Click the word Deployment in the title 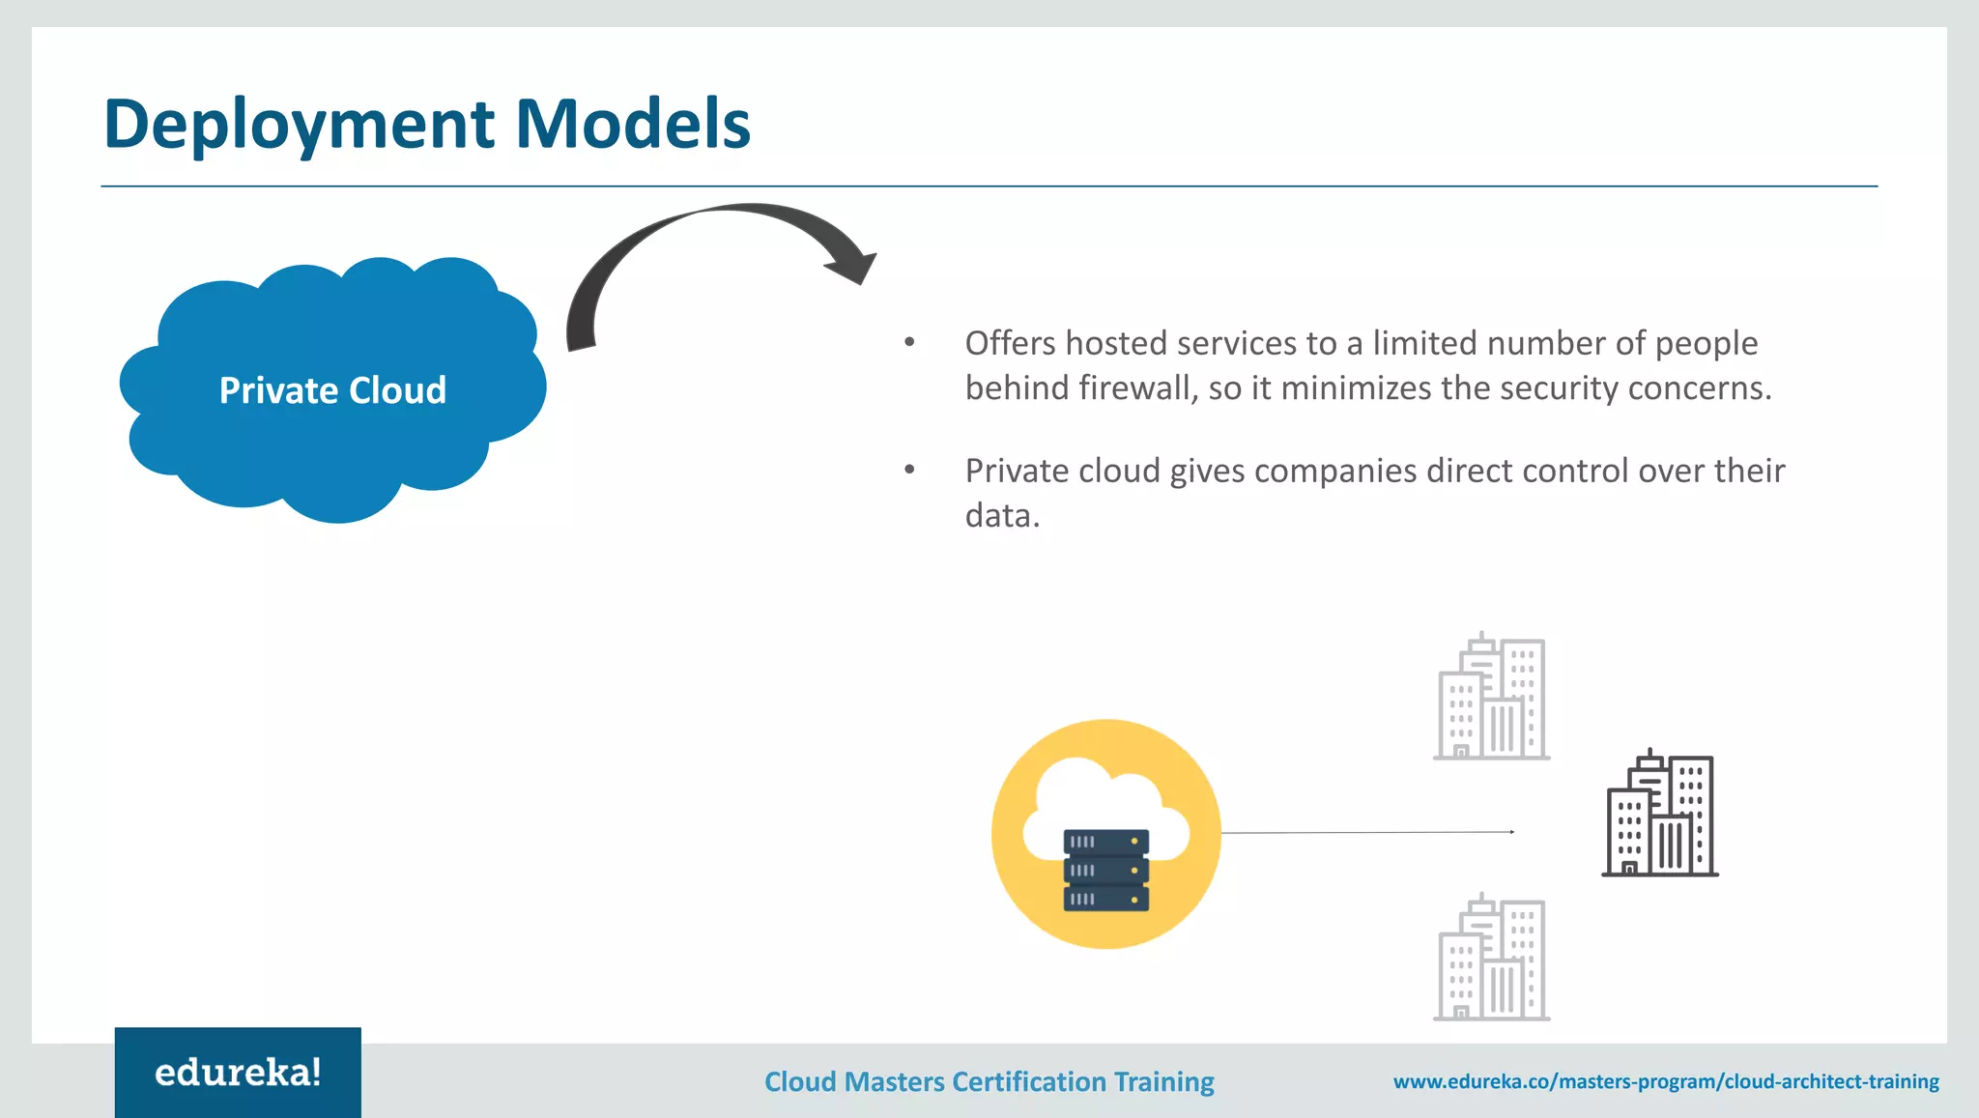(x=300, y=126)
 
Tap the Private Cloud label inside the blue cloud (x=332, y=390)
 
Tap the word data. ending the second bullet (x=1002, y=516)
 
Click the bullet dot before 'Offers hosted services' (x=909, y=342)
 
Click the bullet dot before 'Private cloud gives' (x=909, y=470)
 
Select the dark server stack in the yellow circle (x=1106, y=871)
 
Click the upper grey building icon (x=1491, y=697)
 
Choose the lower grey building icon (x=1491, y=958)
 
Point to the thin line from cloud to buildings (x=1367, y=832)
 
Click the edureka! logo (x=238, y=1073)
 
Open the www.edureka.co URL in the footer (x=1666, y=1081)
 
